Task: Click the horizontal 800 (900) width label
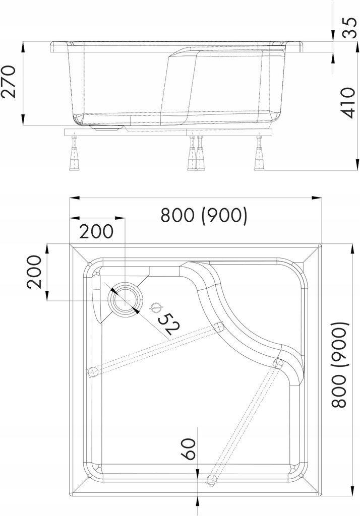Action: point(204,215)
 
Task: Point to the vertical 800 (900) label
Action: point(341,365)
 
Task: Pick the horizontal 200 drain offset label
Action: point(97,231)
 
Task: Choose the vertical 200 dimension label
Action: point(34,272)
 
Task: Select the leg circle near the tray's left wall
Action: point(92,372)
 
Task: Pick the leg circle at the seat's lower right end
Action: point(277,363)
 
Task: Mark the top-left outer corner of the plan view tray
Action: point(70,245)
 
